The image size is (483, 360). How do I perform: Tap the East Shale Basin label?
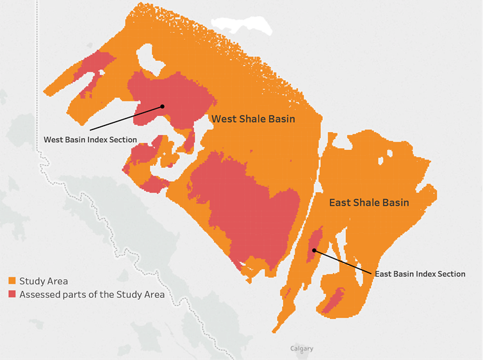click(x=368, y=202)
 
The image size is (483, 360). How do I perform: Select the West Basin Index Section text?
click(x=90, y=139)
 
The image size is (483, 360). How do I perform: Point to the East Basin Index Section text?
click(x=420, y=274)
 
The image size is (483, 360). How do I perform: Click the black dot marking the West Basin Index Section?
click(x=163, y=106)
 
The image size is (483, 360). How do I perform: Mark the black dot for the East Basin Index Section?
click(x=315, y=250)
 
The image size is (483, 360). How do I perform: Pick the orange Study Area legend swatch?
click(x=12, y=281)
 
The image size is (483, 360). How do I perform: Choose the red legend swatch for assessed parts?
click(x=12, y=295)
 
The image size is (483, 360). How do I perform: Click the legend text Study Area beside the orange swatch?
click(x=44, y=281)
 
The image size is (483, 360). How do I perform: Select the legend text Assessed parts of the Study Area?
click(x=92, y=295)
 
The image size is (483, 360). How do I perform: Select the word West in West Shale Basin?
click(x=224, y=119)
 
